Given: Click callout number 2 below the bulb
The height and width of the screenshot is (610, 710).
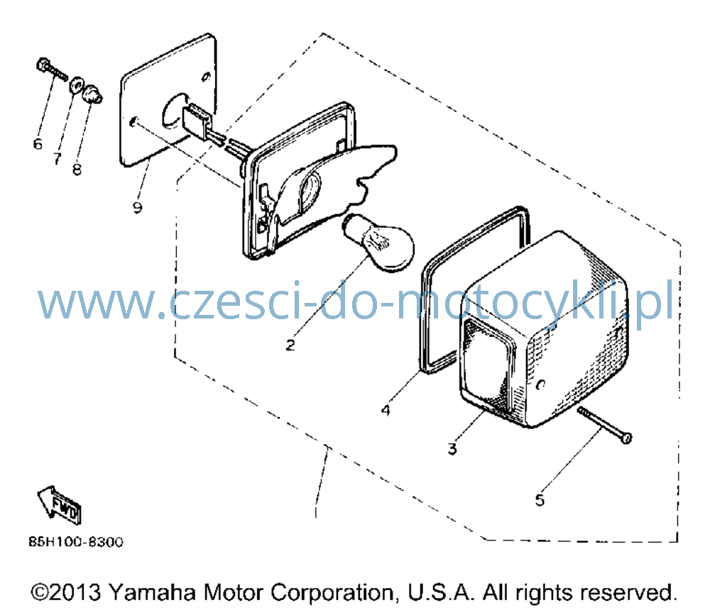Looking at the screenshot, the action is (x=290, y=345).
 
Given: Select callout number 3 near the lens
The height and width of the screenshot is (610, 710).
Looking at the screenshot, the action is (x=452, y=448).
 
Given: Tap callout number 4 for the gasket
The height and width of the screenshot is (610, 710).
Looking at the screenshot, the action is (x=386, y=410).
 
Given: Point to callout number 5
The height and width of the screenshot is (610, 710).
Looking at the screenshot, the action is (x=540, y=500).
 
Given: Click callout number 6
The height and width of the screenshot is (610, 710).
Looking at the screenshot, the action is (x=38, y=144).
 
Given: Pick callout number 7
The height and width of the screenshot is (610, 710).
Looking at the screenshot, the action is (x=57, y=158).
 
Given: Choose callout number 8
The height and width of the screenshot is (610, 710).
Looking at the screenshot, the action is (x=77, y=170).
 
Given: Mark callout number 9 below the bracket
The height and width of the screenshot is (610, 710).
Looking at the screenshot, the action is (x=138, y=207).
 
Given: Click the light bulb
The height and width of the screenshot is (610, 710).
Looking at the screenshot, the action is (x=379, y=243).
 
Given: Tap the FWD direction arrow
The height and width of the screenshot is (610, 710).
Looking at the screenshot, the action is (x=59, y=505).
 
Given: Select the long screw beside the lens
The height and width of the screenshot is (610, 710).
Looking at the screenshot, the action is (x=604, y=425).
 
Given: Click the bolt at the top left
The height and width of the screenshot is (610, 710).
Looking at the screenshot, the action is (x=51, y=71).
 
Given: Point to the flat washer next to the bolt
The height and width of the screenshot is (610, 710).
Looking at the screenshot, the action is (x=76, y=84).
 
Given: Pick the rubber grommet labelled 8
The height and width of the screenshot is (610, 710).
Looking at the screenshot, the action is (x=92, y=94).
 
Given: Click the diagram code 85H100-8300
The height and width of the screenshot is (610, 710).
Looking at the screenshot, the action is (x=76, y=542).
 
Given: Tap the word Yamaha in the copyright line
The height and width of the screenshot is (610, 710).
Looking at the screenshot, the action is (x=152, y=592).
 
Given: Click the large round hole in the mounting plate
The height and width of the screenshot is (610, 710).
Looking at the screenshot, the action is (x=172, y=110).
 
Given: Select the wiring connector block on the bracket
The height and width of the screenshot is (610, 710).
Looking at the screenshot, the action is (x=197, y=121).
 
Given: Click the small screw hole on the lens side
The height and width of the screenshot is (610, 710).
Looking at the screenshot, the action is (x=540, y=384).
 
